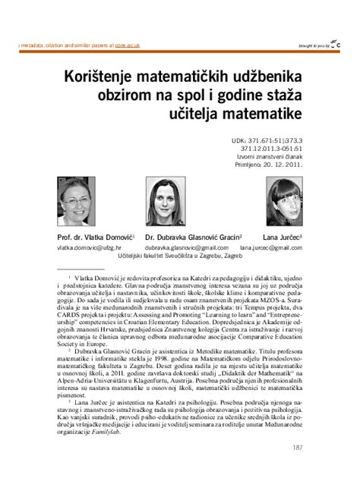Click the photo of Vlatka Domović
pos(87,203)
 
